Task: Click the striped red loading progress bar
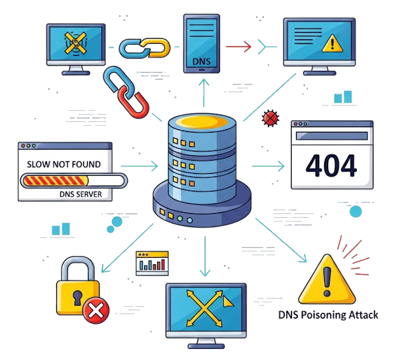click(x=72, y=180)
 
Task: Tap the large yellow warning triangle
click(x=326, y=279)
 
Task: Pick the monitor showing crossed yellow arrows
click(x=206, y=311)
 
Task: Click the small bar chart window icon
click(x=152, y=263)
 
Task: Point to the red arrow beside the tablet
click(x=238, y=47)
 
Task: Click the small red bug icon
click(x=269, y=119)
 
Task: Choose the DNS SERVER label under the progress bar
click(x=65, y=194)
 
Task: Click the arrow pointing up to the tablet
click(x=204, y=92)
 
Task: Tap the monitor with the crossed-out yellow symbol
click(x=75, y=45)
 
